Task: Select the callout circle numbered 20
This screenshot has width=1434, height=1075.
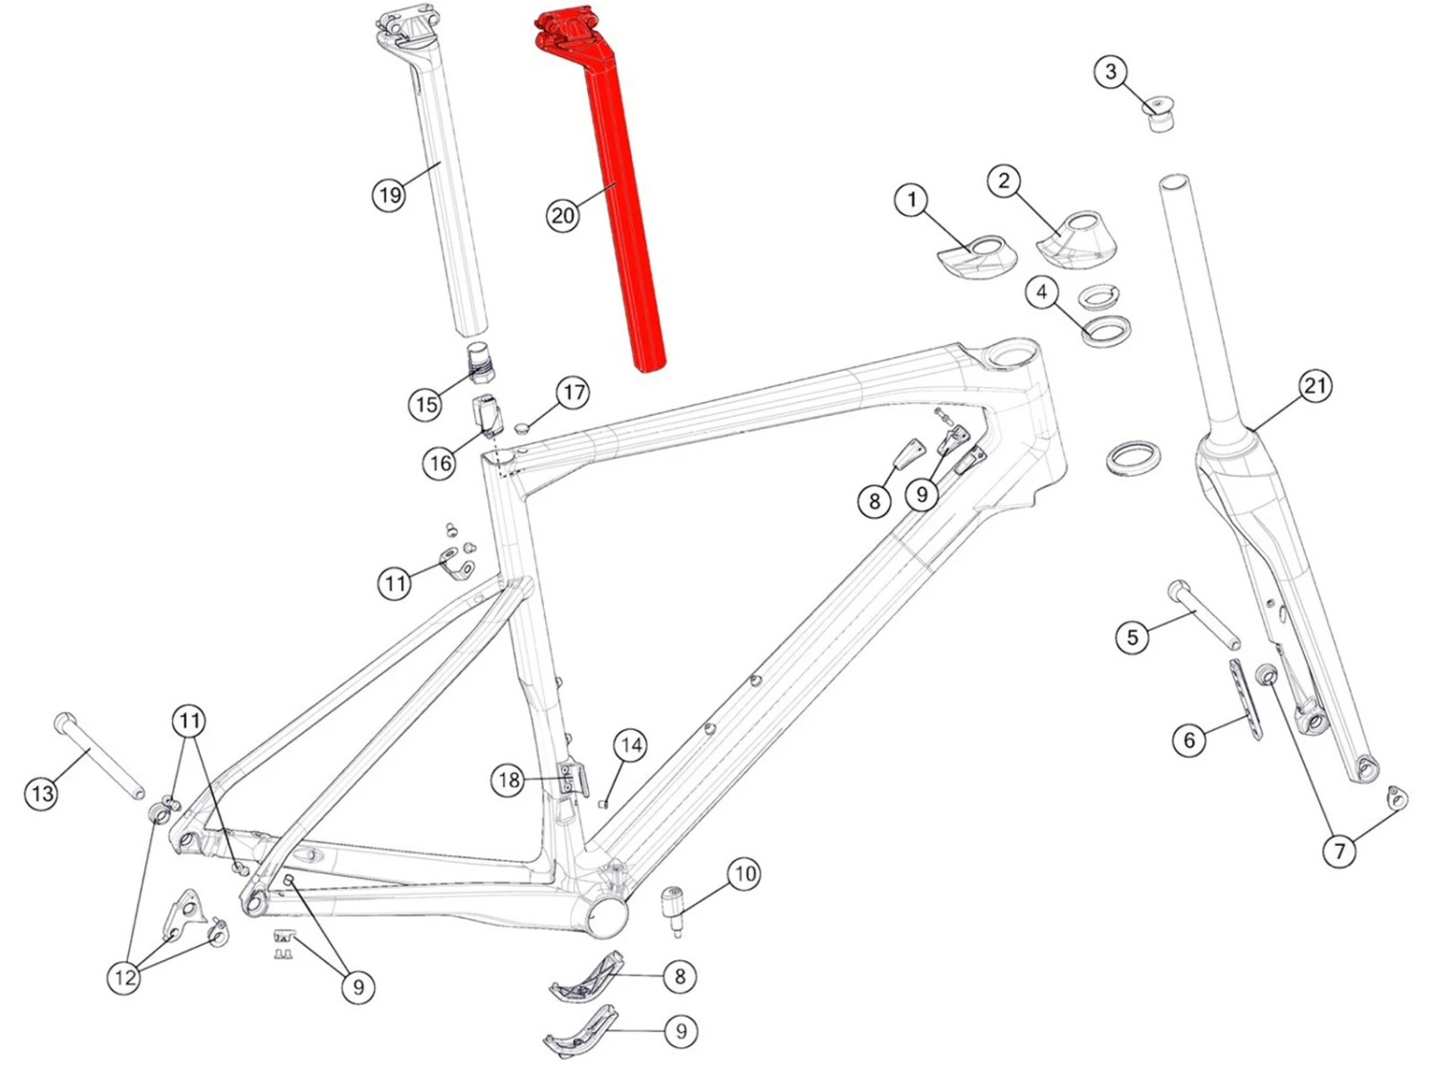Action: [x=563, y=216]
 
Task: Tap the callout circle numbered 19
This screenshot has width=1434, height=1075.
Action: [x=390, y=195]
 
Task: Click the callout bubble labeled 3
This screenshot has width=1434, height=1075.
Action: [x=1111, y=72]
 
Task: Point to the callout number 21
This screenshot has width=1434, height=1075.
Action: [x=1314, y=386]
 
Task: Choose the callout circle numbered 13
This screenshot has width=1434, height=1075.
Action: [x=42, y=794]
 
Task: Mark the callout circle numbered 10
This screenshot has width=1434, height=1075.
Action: [x=744, y=874]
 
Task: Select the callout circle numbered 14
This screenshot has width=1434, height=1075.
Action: [x=630, y=745]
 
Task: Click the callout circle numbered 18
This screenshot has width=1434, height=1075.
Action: [x=509, y=780]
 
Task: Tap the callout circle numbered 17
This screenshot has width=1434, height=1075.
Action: [x=573, y=393]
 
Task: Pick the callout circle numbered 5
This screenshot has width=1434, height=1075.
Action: [x=1133, y=636]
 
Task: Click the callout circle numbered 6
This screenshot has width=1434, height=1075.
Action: [x=1189, y=741]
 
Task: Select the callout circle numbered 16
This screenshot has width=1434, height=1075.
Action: [x=440, y=463]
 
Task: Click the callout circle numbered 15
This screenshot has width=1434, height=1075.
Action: [x=426, y=404]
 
